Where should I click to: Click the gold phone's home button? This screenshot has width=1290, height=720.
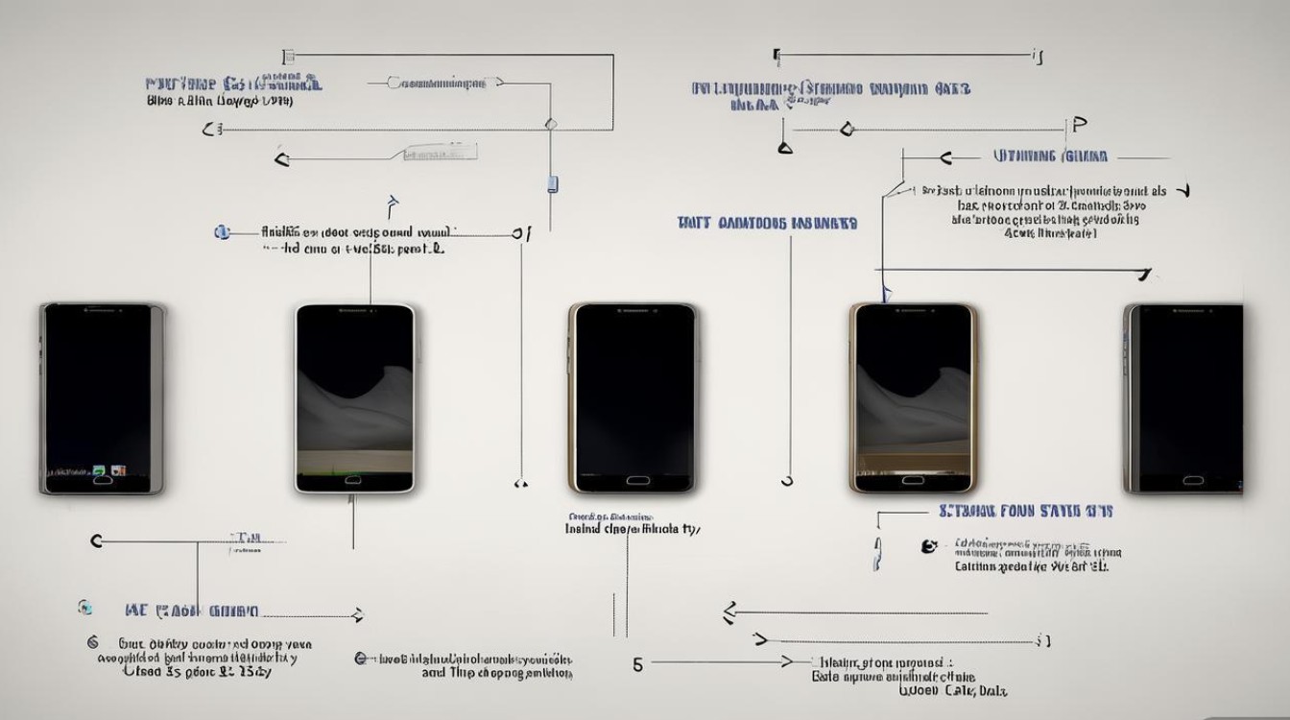point(913,479)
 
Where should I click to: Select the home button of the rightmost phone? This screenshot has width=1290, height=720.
point(1193,480)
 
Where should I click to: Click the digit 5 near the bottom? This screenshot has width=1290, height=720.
point(638,663)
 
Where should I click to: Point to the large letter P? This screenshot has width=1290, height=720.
point(1079,125)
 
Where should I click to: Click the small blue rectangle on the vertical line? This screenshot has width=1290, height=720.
point(553,183)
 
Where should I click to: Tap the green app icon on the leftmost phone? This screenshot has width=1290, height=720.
point(98,470)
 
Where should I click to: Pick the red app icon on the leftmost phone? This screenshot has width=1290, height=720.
point(118,470)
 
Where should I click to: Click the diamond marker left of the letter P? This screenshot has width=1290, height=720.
point(847,129)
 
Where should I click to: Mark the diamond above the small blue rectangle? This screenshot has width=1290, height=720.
point(551,124)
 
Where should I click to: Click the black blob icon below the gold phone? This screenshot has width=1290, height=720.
point(928,546)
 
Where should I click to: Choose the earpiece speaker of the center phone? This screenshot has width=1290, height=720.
point(633,312)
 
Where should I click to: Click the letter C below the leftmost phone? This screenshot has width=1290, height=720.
point(96,542)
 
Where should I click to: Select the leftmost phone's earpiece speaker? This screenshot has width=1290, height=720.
point(103,311)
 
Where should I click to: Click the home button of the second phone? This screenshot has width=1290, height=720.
point(354,479)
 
